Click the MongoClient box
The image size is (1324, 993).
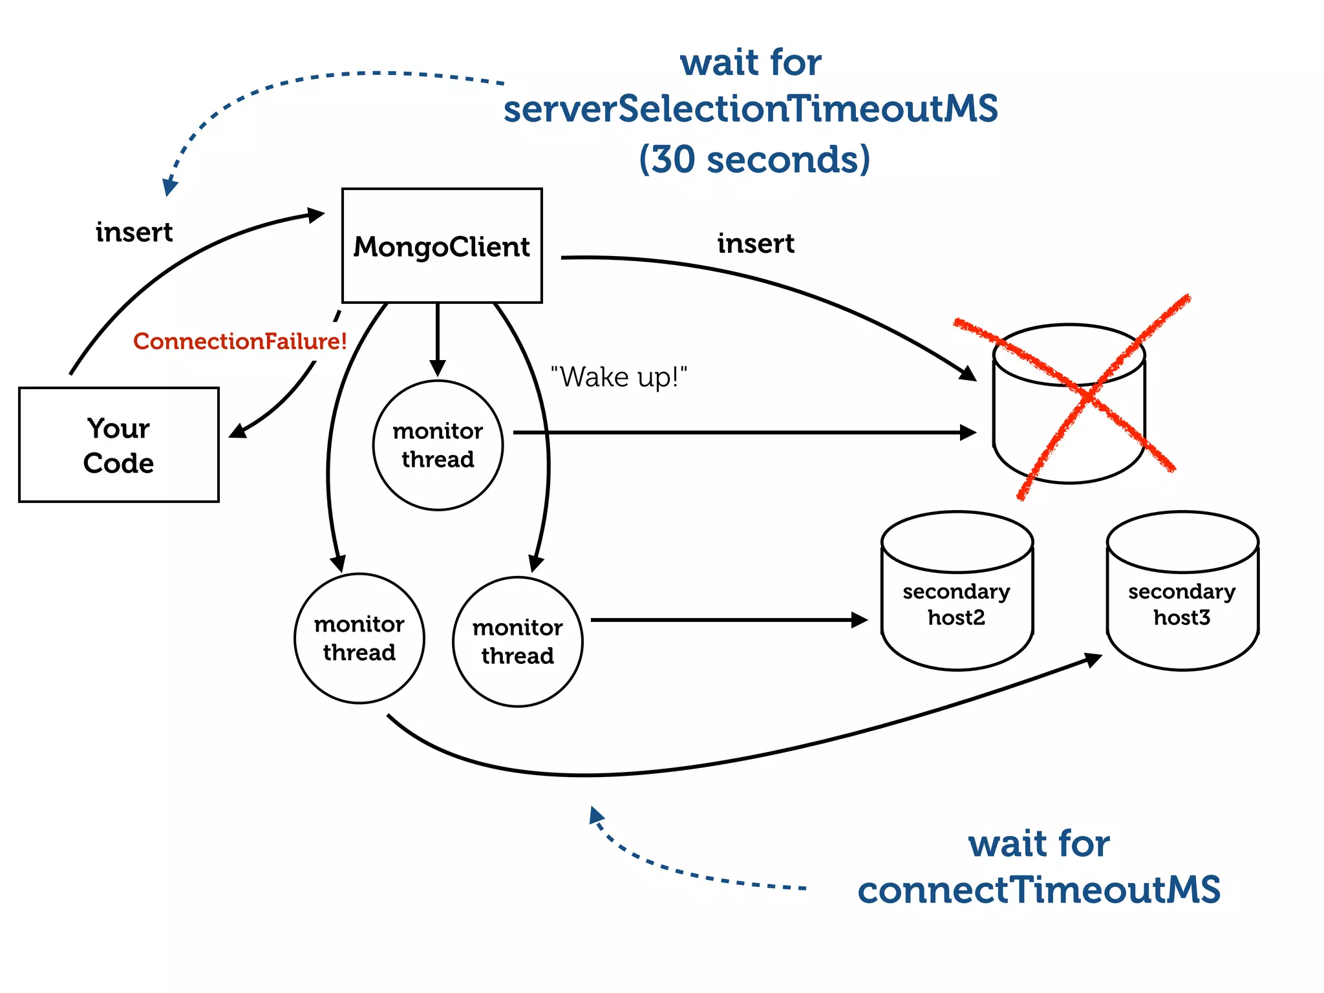[x=442, y=246]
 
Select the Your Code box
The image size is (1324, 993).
[x=119, y=445]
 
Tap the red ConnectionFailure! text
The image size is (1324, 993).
[x=240, y=341]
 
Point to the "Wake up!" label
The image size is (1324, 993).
[x=618, y=377]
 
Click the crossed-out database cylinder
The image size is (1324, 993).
[x=1069, y=404]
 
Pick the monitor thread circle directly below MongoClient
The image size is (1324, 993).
[x=438, y=445]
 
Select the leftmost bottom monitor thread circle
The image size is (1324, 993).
[x=359, y=638]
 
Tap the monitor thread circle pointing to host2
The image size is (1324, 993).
[x=517, y=641]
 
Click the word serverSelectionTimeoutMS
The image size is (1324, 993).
[x=751, y=109]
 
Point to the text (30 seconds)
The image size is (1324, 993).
[x=754, y=159]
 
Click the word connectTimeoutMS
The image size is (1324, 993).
[x=1039, y=890]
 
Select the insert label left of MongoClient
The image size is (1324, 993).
[x=134, y=232]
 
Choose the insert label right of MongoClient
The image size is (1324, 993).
[x=756, y=244]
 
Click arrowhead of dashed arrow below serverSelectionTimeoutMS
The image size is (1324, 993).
[x=170, y=186]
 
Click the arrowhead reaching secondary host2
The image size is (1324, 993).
[x=859, y=620]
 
